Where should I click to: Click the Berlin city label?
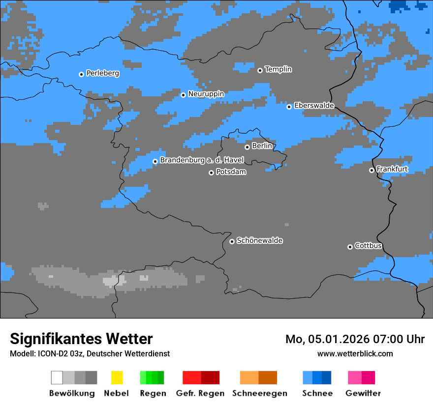click(262, 146)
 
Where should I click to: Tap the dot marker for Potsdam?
click(211, 173)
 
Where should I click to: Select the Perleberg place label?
click(102, 73)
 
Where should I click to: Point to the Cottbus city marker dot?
click(350, 247)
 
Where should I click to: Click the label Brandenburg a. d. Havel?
click(202, 160)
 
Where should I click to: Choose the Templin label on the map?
click(278, 69)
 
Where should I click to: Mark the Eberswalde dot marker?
click(289, 107)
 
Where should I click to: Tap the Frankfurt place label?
click(392, 169)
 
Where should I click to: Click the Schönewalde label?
click(259, 241)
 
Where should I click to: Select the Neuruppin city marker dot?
click(183, 95)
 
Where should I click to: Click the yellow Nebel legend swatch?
click(117, 378)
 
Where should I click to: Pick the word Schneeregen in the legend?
click(259, 393)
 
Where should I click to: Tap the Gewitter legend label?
click(363, 393)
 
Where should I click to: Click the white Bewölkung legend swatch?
click(57, 378)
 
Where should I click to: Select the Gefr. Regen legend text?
click(200, 393)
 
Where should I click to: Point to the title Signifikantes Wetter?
click(81, 339)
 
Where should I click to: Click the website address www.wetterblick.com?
click(355, 353)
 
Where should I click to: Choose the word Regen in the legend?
click(152, 393)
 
